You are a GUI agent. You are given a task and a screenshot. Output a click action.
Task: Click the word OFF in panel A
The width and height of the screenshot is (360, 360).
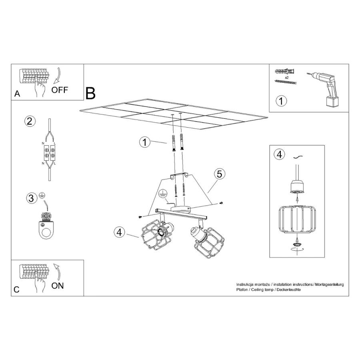[60, 90]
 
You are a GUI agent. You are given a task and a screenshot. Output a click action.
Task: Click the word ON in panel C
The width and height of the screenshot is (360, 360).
[57, 286]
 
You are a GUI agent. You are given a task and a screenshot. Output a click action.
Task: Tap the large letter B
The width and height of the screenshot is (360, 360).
[90, 93]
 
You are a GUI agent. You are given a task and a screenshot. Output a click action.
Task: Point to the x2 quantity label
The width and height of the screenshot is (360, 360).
[286, 78]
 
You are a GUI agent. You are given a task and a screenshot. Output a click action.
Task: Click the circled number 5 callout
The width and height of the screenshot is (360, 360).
[219, 174]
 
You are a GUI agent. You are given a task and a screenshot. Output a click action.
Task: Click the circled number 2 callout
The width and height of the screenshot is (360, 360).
[30, 121]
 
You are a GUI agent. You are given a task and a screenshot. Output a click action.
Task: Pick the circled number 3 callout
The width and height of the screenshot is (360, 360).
[32, 198]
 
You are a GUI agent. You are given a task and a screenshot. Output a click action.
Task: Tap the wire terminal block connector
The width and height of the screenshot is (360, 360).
[49, 153]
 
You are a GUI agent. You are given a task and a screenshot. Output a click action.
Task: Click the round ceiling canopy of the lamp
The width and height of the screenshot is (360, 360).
[181, 209]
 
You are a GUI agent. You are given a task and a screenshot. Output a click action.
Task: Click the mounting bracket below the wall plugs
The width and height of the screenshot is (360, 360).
[179, 176]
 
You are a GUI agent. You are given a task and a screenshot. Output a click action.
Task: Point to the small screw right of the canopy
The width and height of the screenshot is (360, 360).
[221, 203]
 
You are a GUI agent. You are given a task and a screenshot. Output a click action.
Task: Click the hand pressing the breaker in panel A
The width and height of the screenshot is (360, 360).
[40, 86]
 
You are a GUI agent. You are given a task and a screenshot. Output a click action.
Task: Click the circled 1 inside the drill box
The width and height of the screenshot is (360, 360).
[281, 101]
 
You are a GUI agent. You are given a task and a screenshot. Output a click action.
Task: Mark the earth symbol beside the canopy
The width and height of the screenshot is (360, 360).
[162, 193]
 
